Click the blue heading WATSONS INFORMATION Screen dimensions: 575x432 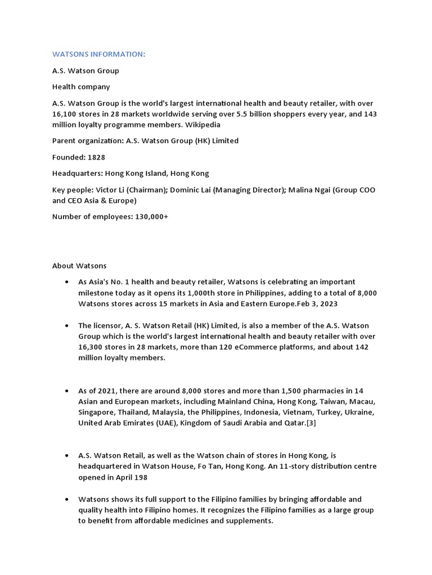point(98,54)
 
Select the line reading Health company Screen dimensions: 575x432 point(81,87)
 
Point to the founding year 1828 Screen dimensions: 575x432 point(96,157)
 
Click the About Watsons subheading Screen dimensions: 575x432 point(79,266)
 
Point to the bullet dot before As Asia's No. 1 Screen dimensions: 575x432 point(67,282)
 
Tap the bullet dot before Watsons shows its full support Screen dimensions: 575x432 point(67,499)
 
